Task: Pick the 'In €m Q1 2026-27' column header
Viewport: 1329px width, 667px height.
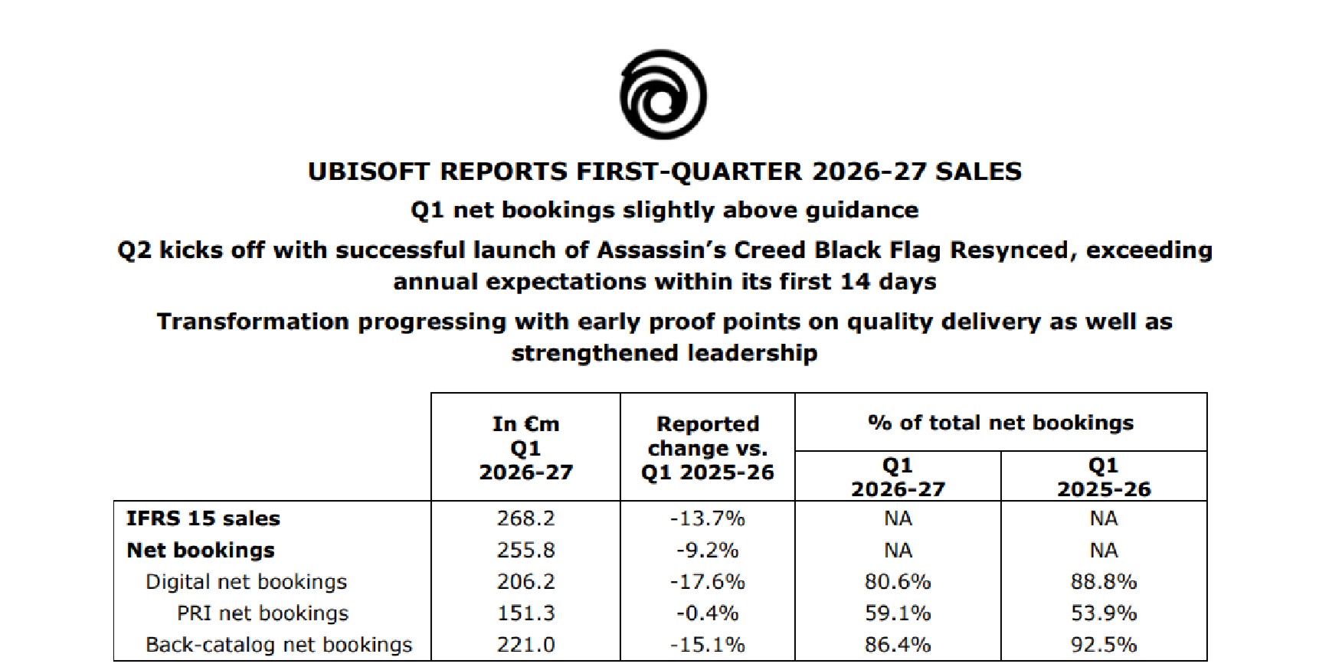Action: [525, 447]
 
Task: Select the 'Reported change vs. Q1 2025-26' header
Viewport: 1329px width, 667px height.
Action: [707, 447]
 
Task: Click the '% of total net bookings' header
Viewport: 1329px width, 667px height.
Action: [1000, 423]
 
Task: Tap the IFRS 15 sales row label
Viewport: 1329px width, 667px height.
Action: [203, 518]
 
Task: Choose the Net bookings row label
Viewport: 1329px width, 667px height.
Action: [201, 550]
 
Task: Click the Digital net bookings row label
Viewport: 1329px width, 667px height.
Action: [246, 582]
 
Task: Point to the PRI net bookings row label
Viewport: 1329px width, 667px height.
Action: [262, 613]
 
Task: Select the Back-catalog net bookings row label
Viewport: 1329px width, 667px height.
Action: [279, 645]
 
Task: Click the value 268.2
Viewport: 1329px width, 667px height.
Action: [525, 518]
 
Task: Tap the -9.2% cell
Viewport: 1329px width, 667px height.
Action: [707, 550]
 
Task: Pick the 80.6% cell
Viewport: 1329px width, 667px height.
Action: [898, 582]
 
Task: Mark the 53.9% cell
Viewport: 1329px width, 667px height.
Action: [1104, 613]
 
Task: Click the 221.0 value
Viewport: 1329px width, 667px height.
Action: [525, 645]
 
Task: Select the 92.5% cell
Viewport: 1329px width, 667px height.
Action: [1104, 645]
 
